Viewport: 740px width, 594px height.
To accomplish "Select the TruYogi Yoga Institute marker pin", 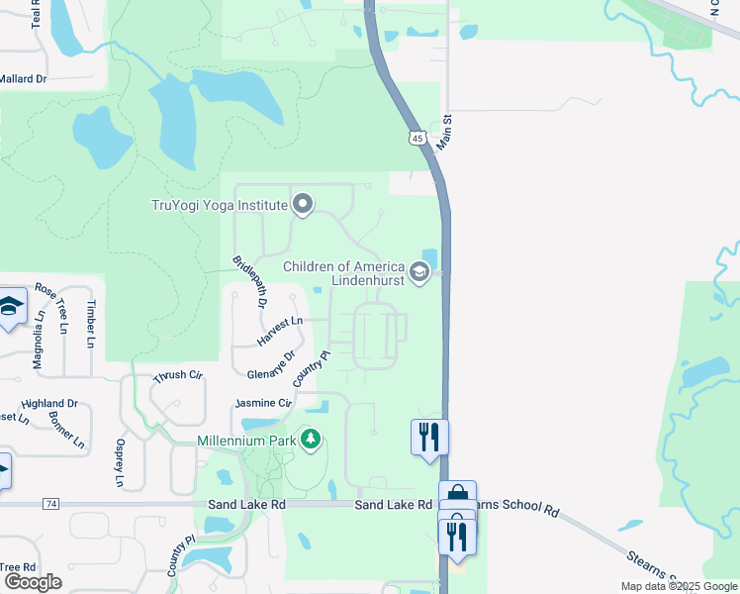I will click(x=303, y=205).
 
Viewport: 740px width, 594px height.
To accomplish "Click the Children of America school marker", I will click(x=418, y=273).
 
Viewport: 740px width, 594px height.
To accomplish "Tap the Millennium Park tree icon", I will click(x=311, y=439).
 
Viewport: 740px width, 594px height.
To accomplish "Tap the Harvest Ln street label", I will click(x=278, y=331).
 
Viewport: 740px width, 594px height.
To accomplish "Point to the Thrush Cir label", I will click(x=177, y=377).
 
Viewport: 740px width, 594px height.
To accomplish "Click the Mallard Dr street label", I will click(x=23, y=78).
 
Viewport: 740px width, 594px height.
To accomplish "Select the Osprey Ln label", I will click(x=120, y=463).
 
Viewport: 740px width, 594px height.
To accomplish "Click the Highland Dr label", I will click(x=49, y=403).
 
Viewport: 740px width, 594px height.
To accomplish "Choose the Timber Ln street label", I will click(x=91, y=324).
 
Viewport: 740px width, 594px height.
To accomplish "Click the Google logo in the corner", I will click(x=32, y=582).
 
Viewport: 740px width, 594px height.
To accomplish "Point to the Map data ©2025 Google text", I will click(x=679, y=586).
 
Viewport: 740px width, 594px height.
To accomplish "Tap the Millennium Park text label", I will click(x=246, y=439).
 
